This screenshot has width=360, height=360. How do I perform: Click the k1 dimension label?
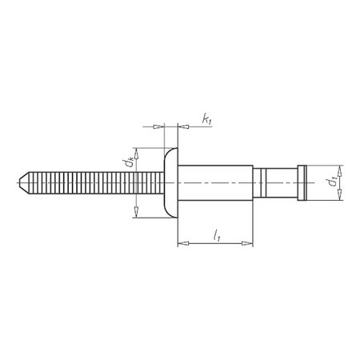(206, 120)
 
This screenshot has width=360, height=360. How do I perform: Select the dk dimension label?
(128, 165)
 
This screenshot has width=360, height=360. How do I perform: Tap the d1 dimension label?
(331, 182)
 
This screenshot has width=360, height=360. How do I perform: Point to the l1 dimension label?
(217, 234)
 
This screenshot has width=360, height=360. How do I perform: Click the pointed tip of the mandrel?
(20, 182)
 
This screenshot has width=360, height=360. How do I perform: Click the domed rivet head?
(169, 182)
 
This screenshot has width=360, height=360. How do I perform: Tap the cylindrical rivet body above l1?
(214, 182)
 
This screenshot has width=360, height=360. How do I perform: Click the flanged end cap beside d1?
(302, 182)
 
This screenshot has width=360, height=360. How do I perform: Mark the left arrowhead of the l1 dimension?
(181, 243)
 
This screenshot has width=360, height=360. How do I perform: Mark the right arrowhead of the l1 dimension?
(249, 243)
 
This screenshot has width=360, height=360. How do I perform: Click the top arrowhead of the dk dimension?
(137, 153)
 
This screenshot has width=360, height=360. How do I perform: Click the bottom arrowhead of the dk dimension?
(137, 212)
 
